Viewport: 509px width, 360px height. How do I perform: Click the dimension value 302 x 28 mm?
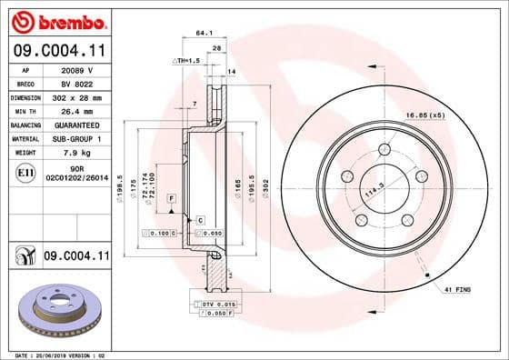click(x=78, y=95)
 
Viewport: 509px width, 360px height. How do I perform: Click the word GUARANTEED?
click(x=78, y=124)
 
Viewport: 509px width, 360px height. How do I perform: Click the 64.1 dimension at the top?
click(x=204, y=34)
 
